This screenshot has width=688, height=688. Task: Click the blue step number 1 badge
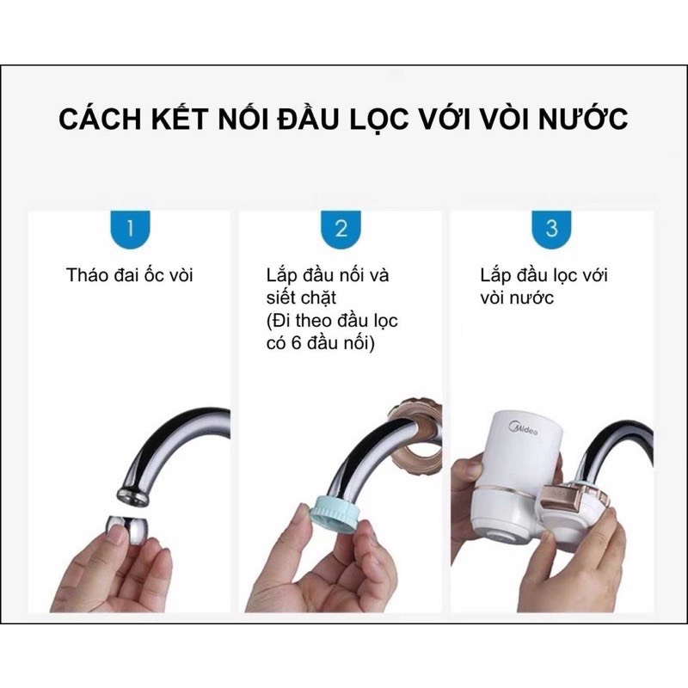pyautogui.click(x=131, y=229)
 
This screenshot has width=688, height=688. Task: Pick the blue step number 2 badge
pyautogui.click(x=341, y=229)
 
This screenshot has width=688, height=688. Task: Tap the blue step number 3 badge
pyautogui.click(x=551, y=229)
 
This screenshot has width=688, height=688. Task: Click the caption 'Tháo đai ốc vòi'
pyautogui.click(x=130, y=275)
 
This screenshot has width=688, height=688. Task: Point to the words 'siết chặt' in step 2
pyautogui.click(x=301, y=298)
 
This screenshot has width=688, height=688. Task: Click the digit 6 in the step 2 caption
pyautogui.click(x=296, y=342)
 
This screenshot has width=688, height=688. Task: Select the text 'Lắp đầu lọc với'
pyautogui.click(x=544, y=275)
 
